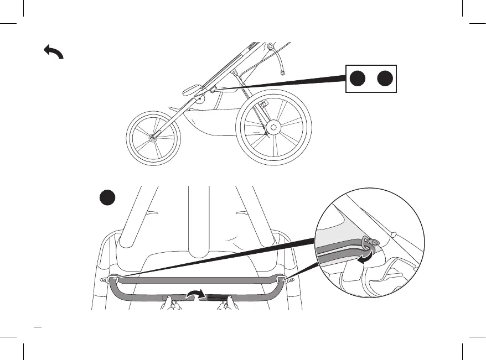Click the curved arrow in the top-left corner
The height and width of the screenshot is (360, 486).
[x=53, y=53]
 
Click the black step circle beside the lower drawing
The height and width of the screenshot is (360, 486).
[x=107, y=197]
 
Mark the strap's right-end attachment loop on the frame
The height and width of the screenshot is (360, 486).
[x=284, y=279]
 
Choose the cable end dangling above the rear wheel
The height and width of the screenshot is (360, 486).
[x=283, y=72]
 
